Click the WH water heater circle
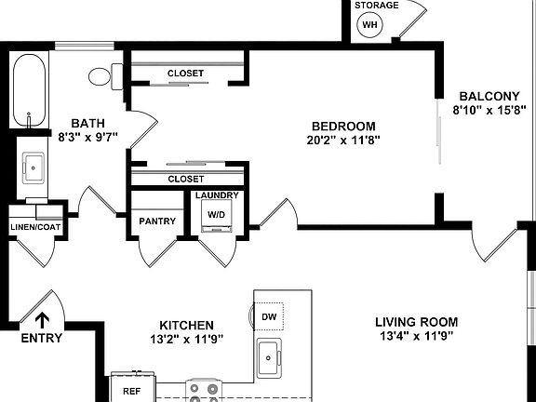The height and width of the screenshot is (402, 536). pos(371,23)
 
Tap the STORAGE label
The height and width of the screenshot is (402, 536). pos(377,6)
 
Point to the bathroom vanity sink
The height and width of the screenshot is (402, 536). pos(34,168)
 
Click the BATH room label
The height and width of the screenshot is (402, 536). pos(88,122)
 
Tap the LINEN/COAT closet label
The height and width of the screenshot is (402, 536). pos(34,226)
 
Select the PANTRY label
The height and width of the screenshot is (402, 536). pos(157,221)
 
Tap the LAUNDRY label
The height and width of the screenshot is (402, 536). pos(217,195)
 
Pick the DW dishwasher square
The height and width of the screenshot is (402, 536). pos(271,316)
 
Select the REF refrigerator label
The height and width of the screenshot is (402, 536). pos(132,392)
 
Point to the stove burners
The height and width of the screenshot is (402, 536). pos(204,391)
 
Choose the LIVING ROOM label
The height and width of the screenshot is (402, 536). pos(416,322)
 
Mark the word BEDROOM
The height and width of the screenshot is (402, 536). pos(343,126)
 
